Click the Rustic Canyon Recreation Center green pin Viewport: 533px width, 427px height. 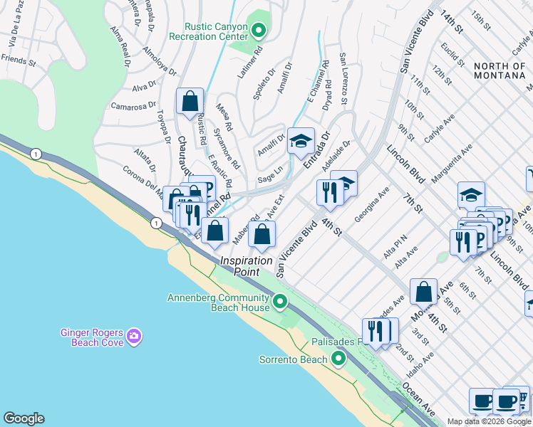[x=259, y=30]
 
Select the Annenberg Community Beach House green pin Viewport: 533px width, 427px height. [x=280, y=302]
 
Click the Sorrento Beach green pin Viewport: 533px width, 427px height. [x=339, y=358]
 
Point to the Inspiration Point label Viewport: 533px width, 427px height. [x=246, y=261]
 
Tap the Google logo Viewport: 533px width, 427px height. [x=24, y=418]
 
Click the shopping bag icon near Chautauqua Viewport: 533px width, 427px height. [x=190, y=102]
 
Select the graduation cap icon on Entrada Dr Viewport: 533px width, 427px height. [x=301, y=141]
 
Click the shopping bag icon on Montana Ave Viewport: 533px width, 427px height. [x=424, y=291]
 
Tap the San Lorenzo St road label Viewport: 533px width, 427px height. [x=343, y=78]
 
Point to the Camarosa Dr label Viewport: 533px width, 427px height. [x=133, y=107]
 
